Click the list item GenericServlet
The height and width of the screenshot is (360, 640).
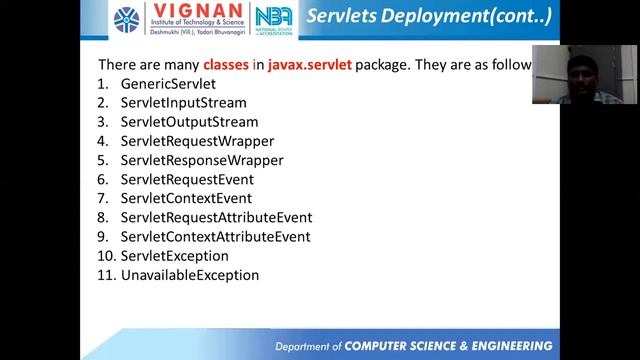click(x=168, y=84)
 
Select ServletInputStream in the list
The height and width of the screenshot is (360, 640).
click(x=183, y=103)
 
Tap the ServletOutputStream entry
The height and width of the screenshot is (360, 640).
click(x=189, y=122)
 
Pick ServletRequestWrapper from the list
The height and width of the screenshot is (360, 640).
click(x=197, y=141)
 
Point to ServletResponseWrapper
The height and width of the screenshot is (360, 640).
click(x=201, y=160)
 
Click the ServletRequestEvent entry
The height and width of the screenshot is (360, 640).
click(x=187, y=179)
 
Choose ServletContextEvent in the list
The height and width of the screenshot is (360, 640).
click(x=186, y=198)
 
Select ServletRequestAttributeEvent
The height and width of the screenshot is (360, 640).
click(x=216, y=217)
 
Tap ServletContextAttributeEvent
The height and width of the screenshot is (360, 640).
click(x=215, y=237)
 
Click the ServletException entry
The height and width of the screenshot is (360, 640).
click(x=174, y=256)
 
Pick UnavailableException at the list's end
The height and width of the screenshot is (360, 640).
click(x=189, y=275)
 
